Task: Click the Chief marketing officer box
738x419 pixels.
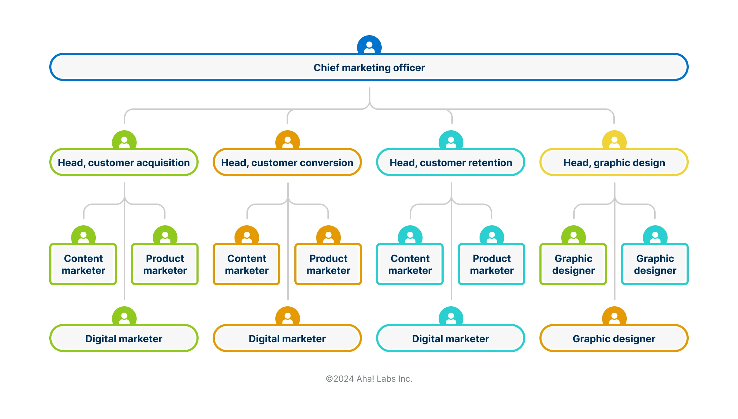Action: [369, 67]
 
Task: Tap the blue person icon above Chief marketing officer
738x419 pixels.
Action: [369, 45]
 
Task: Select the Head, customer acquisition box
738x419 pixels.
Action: [124, 162]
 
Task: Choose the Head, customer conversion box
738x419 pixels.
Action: [287, 162]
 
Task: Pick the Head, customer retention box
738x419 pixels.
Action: [450, 162]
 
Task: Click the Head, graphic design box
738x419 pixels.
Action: [614, 162]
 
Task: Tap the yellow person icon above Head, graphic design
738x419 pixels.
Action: [614, 141]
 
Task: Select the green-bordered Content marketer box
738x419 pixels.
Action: [83, 264]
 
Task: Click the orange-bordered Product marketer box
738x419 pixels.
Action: [328, 264]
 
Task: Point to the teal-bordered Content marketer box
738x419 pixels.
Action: [410, 264]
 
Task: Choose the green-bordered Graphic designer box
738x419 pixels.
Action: [573, 264]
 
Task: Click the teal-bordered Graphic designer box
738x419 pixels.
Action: [655, 264]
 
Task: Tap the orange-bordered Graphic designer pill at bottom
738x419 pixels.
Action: [614, 338]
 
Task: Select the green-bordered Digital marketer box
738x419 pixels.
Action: [124, 338]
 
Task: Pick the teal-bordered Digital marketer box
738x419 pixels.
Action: [450, 338]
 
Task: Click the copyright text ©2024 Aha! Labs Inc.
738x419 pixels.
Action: [369, 379]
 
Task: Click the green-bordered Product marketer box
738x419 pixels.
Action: [165, 264]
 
